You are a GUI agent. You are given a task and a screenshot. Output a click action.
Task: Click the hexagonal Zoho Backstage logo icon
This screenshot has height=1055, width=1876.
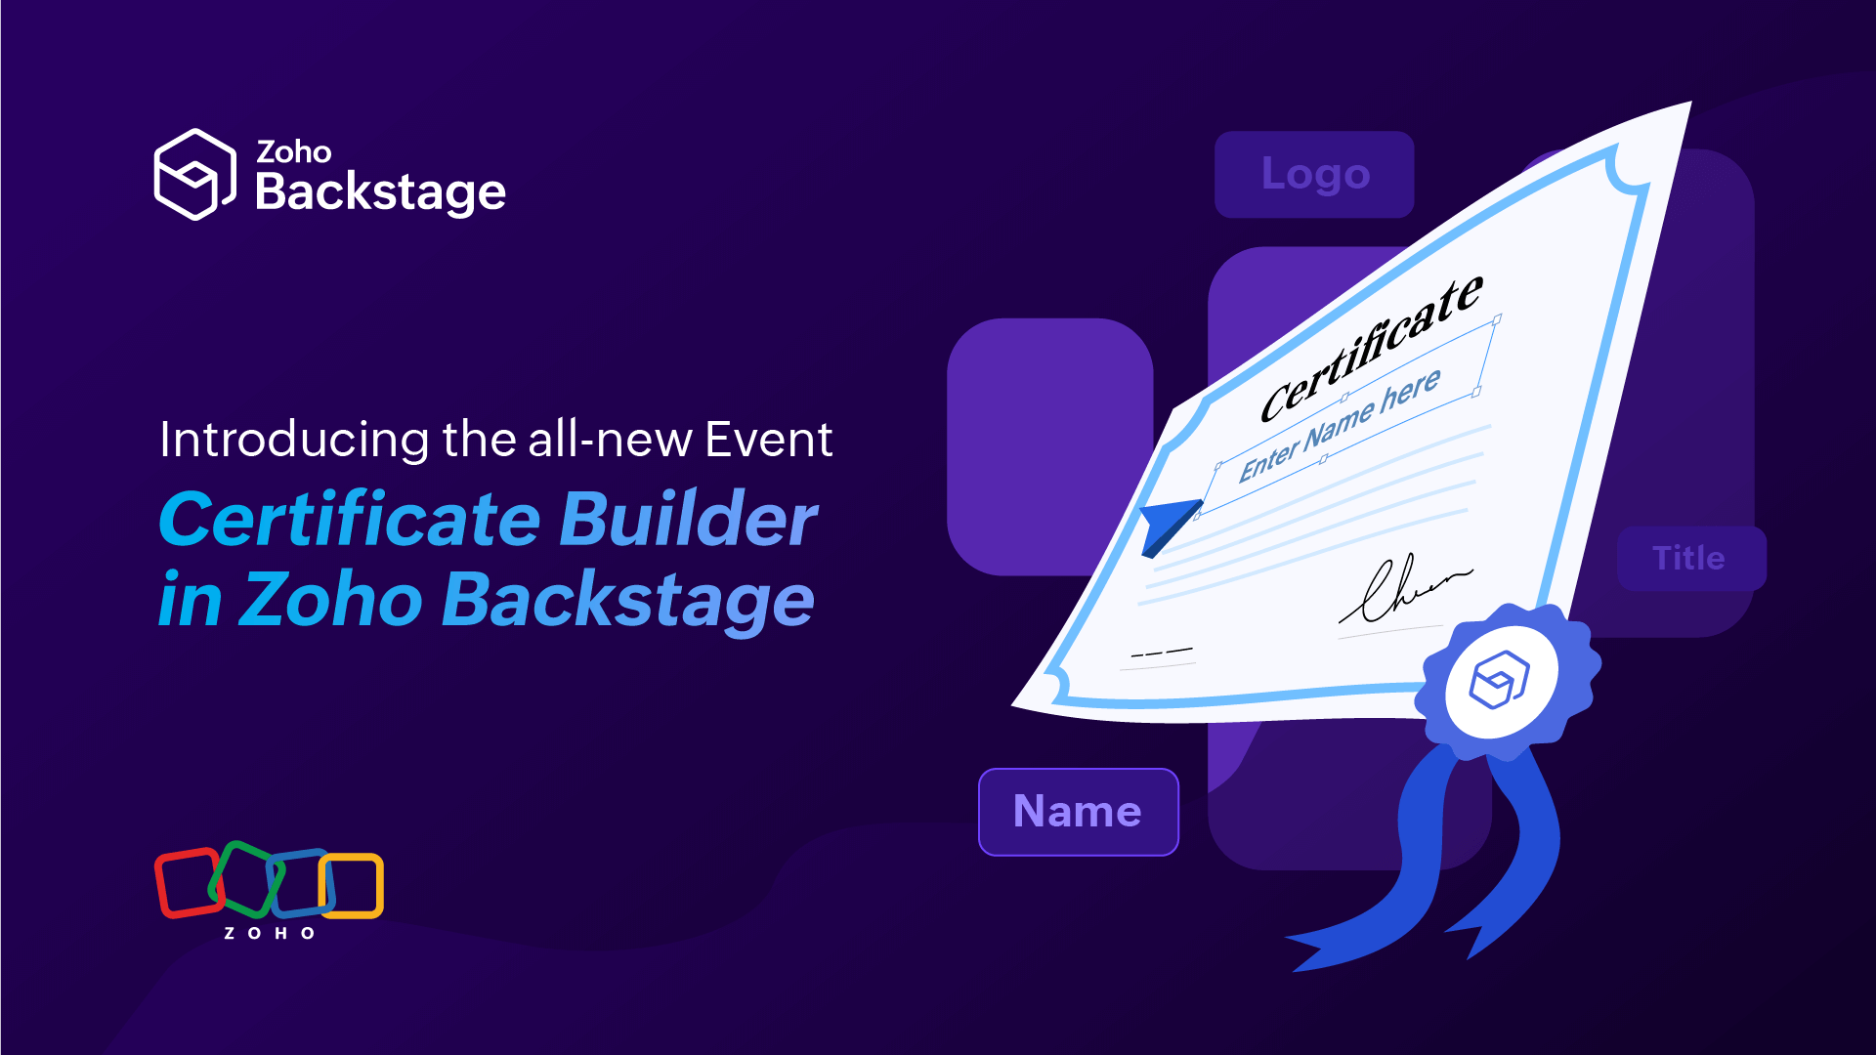point(194,174)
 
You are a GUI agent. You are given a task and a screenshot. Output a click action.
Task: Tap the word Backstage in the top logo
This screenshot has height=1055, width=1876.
point(380,192)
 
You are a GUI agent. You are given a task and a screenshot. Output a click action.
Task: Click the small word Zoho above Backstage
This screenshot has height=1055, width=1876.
point(293,151)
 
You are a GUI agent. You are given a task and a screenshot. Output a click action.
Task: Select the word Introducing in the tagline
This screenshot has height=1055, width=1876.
point(293,440)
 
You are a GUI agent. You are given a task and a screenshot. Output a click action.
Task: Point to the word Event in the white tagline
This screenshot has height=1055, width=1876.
point(769,440)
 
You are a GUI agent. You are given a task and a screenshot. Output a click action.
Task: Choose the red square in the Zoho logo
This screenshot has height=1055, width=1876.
point(189,883)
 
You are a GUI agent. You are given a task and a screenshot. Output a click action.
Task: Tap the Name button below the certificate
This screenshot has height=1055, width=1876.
point(1078,812)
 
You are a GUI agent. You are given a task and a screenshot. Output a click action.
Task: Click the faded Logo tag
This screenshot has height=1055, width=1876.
point(1314,174)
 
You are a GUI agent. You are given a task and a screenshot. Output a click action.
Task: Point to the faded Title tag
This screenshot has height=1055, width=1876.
point(1689,558)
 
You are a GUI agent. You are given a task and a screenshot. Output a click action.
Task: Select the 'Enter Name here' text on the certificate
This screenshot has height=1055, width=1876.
point(1340,425)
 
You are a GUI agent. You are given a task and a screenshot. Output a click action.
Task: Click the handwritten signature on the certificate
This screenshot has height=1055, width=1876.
point(1402,590)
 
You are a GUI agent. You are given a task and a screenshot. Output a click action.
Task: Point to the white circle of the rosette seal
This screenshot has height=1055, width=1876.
point(1501,681)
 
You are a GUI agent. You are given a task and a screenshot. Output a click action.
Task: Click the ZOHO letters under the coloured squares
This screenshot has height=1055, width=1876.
point(269,934)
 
